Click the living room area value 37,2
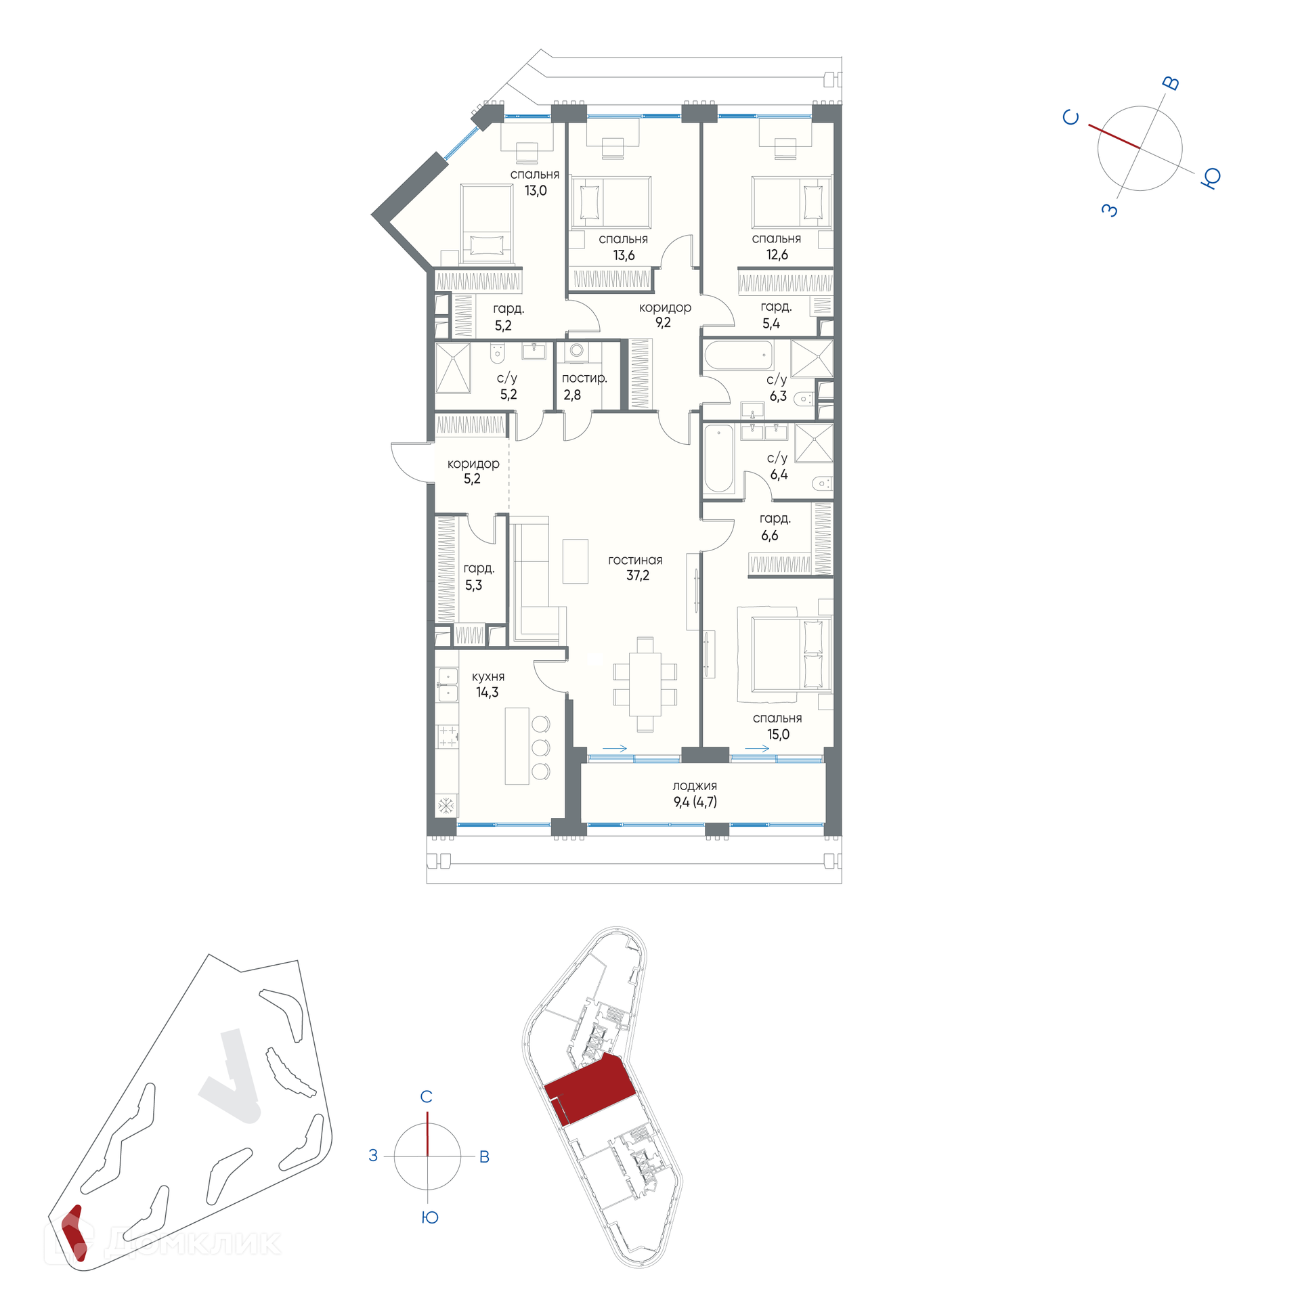(x=637, y=576)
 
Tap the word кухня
(x=488, y=676)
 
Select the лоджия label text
(x=695, y=785)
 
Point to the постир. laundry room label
(x=584, y=378)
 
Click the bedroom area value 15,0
(x=778, y=735)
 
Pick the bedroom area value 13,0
(x=536, y=191)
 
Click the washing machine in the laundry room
(x=577, y=351)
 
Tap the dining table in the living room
(x=645, y=684)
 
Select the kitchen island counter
(x=517, y=745)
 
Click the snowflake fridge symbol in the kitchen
(x=446, y=805)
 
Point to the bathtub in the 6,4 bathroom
(x=719, y=458)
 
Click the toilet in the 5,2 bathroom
(x=498, y=353)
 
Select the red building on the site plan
(x=74, y=1234)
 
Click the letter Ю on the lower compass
(x=430, y=1217)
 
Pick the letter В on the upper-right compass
(x=1171, y=83)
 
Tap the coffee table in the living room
(x=576, y=561)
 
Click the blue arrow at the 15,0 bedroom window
(x=757, y=748)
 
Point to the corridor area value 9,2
(x=663, y=323)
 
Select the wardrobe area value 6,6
(x=770, y=536)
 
